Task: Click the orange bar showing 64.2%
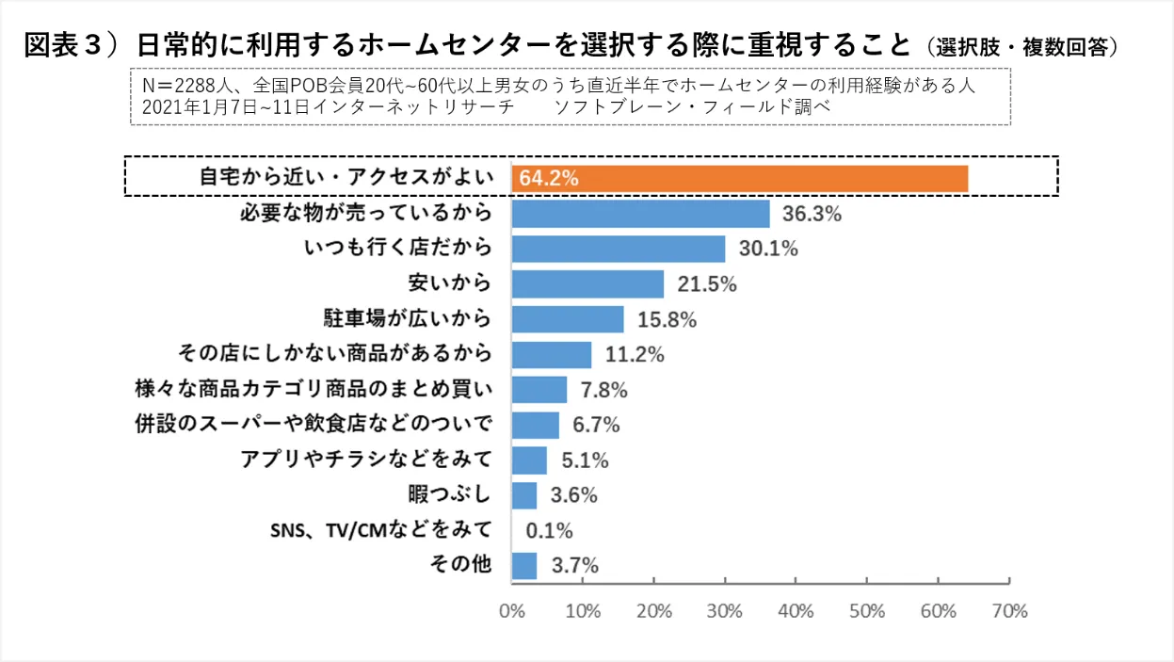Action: coord(739,178)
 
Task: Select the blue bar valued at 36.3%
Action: coord(640,214)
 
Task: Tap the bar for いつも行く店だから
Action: coord(618,249)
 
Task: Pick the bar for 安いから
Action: coord(587,284)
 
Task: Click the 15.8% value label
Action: coord(667,320)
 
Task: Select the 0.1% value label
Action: coord(549,531)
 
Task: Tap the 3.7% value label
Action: coord(575,566)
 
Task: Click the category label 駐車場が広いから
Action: coord(407,320)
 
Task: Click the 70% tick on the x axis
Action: coord(1009,610)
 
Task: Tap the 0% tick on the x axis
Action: coord(511,610)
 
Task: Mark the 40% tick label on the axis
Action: coord(796,610)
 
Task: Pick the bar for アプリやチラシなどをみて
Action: coord(529,460)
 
